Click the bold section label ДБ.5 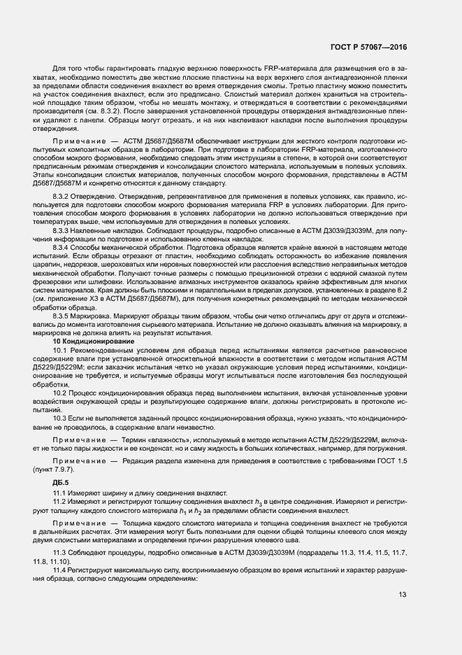click(x=61, y=483)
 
